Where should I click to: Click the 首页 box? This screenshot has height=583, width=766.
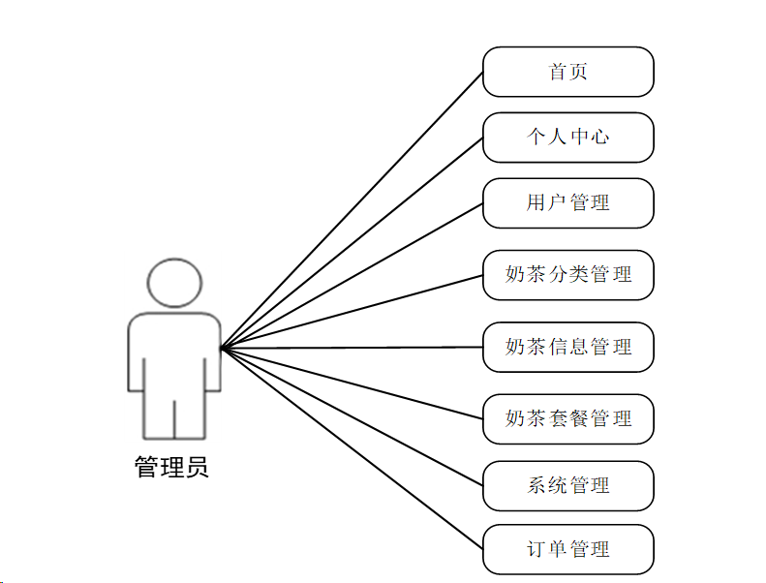(x=568, y=72)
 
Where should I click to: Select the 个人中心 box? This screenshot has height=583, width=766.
(x=568, y=137)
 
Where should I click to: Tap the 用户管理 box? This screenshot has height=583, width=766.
(x=568, y=202)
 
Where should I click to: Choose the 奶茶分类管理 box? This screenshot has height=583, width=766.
(x=568, y=274)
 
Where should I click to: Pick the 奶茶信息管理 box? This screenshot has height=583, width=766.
(x=568, y=347)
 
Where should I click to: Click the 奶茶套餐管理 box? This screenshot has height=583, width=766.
(x=568, y=418)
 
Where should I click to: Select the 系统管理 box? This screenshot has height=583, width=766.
(x=568, y=485)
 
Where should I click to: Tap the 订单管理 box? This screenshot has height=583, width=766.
(x=568, y=549)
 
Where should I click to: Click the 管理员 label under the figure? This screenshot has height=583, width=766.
(x=171, y=469)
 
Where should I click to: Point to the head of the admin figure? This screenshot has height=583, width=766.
(x=175, y=282)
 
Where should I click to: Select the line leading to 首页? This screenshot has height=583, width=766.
(x=352, y=210)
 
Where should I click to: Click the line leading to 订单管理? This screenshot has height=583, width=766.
(x=352, y=448)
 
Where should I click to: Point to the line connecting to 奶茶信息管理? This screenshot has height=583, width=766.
(x=352, y=348)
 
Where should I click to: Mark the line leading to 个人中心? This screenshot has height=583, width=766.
(x=352, y=242)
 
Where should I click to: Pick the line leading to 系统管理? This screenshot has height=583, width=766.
(x=352, y=416)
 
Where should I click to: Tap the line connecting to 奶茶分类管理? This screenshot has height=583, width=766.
(x=352, y=312)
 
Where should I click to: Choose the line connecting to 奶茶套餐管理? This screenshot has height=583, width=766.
(x=352, y=384)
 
